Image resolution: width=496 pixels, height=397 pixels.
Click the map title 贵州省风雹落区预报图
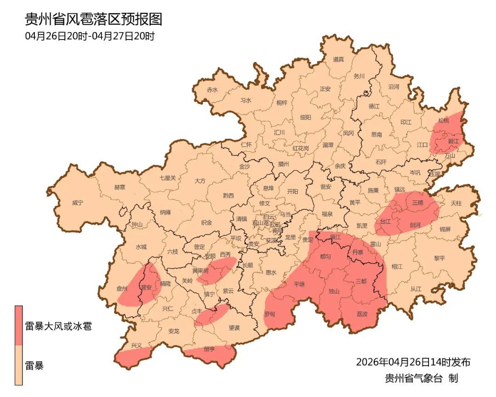pyautogui.click(x=93, y=19)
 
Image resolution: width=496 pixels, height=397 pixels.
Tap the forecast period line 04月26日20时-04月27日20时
pyautogui.click(x=90, y=36)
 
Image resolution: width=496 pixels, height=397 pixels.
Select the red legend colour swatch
pyautogui.click(x=18, y=325)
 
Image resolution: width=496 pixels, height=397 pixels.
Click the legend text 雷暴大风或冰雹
pyautogui.click(x=58, y=327)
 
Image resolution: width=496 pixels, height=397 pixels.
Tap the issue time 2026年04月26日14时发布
pyautogui.click(x=413, y=362)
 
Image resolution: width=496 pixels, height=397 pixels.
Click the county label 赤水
pyautogui.click(x=212, y=90)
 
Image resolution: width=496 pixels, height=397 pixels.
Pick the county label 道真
pyautogui.click(x=338, y=59)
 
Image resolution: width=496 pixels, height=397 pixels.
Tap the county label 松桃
pyautogui.click(x=443, y=120)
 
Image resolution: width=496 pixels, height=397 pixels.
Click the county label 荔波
pyautogui.click(x=362, y=314)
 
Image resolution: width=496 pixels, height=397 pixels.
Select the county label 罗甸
pyautogui.click(x=270, y=314)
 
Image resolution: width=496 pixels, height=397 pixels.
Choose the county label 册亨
pyautogui.click(x=209, y=349)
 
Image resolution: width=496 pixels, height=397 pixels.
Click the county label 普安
pyautogui.click(x=147, y=288)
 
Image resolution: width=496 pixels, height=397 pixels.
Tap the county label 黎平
pyautogui.click(x=440, y=258)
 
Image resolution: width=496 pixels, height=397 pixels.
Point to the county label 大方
pyautogui.click(x=200, y=181)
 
